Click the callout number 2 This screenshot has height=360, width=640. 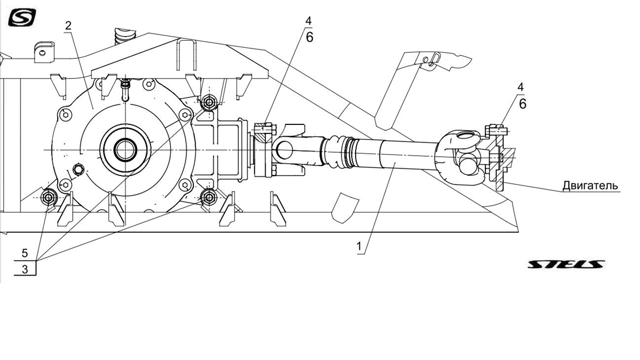(x=68, y=26)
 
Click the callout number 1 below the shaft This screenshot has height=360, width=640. (x=359, y=247)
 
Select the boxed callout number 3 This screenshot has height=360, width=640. (x=25, y=269)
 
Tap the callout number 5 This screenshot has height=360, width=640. (x=25, y=253)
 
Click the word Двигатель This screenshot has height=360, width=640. (x=590, y=186)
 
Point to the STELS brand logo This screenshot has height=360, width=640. (x=566, y=264)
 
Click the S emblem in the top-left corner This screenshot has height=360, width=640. (x=22, y=18)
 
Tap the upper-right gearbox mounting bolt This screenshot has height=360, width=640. (x=209, y=102)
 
